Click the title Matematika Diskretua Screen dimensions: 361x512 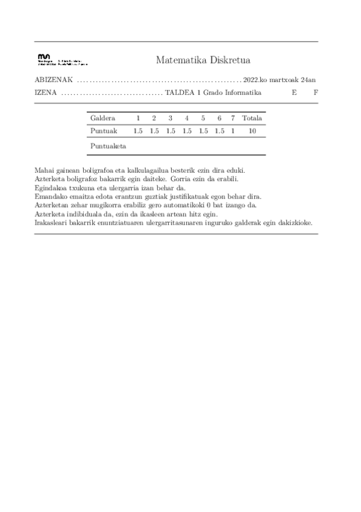[202, 60]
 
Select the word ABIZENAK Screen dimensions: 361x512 [54, 80]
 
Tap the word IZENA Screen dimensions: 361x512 [46, 93]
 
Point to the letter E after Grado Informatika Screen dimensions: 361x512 [294, 93]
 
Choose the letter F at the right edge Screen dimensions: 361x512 [315, 93]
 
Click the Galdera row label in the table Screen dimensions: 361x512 [102, 118]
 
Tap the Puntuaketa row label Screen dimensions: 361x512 [108, 146]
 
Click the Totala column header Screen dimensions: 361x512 [252, 118]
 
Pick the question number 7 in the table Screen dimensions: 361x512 [233, 118]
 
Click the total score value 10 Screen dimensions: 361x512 [252, 131]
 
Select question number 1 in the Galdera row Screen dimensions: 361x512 [138, 118]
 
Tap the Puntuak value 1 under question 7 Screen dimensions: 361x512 [233, 131]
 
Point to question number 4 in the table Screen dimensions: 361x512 [187, 118]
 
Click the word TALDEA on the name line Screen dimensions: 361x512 [179, 93]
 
